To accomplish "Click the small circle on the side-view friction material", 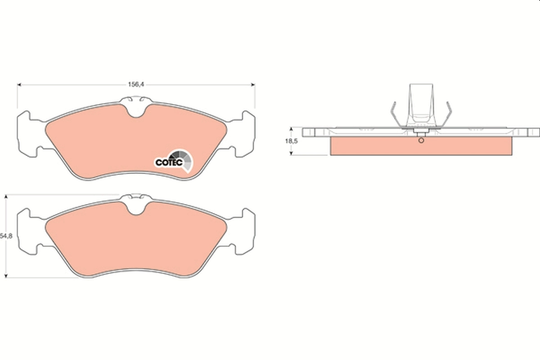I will click(421, 140).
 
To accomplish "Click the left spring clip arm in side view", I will click(392, 115).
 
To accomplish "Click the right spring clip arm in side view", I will click(449, 115).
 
